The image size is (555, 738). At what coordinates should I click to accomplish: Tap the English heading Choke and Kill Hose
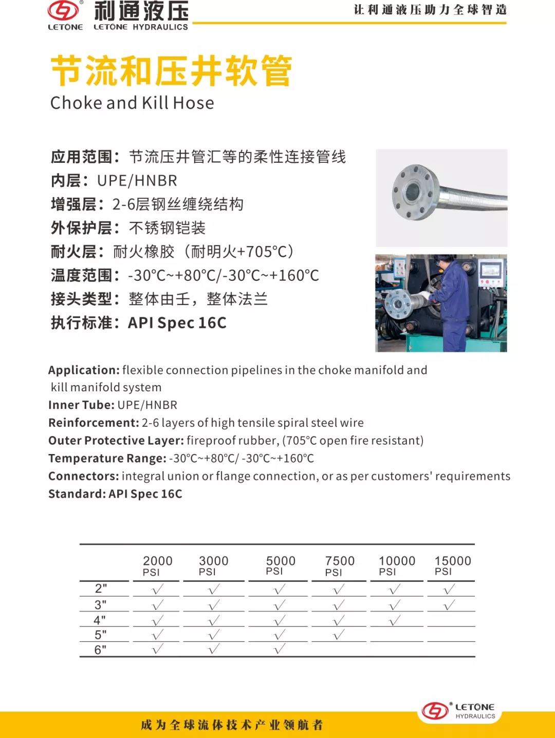tap(132, 103)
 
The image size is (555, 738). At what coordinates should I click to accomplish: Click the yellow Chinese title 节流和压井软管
tap(172, 71)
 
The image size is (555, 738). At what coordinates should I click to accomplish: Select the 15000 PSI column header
tap(452, 565)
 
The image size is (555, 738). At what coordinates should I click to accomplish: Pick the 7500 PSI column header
tap(340, 565)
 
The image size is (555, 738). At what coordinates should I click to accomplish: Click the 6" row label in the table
tap(100, 650)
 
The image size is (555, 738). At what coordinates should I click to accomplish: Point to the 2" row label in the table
tap(101, 589)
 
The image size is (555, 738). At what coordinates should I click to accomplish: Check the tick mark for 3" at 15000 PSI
tap(449, 605)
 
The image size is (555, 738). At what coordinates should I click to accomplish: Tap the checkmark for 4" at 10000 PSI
tap(395, 620)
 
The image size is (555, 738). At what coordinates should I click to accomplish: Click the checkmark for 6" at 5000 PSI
tap(279, 649)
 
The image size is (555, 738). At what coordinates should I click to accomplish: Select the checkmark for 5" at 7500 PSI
tap(338, 635)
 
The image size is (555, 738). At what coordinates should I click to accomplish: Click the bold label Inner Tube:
tap(81, 405)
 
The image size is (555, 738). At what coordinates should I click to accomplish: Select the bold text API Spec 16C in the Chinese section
tap(177, 323)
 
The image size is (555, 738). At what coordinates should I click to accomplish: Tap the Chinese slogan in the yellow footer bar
tap(232, 725)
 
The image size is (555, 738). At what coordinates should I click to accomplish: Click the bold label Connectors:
tap(83, 476)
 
